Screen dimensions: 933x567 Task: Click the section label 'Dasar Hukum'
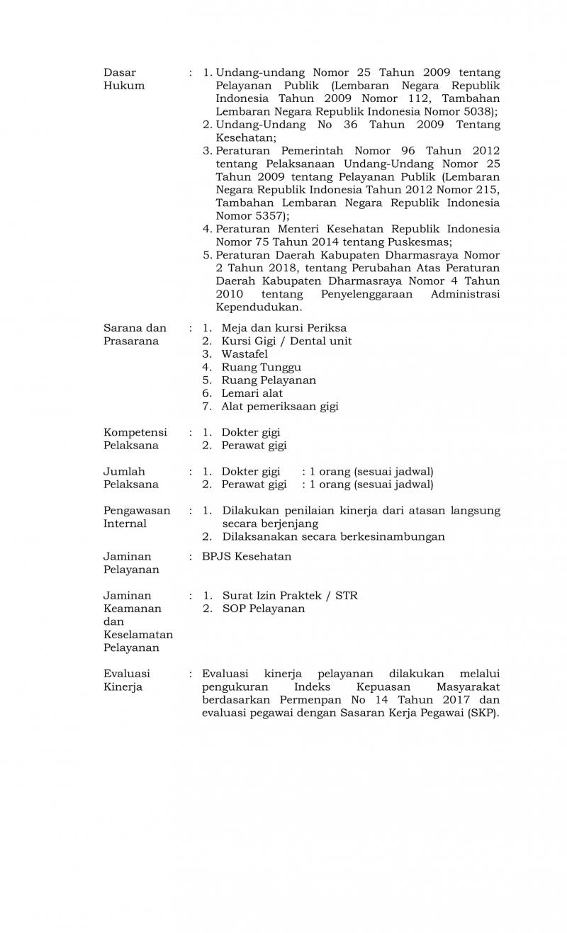point(124,79)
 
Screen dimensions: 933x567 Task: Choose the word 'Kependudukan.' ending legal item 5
point(259,307)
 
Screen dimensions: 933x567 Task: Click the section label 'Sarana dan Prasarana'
point(135,334)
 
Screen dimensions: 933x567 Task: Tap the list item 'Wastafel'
point(245,354)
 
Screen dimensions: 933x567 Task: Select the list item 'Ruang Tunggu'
point(261,367)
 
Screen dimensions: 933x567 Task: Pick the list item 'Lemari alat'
point(252,393)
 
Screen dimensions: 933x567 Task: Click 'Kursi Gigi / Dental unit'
point(286,341)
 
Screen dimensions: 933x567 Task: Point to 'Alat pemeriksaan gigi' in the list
point(280,406)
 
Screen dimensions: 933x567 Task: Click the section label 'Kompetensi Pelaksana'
point(135,439)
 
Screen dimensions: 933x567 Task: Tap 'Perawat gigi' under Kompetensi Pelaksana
point(254,446)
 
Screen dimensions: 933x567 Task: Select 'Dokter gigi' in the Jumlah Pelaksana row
point(250,471)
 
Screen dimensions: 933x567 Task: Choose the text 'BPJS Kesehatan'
point(247,556)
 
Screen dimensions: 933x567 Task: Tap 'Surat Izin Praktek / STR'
point(290,595)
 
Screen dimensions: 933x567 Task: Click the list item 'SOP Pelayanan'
point(264,609)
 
